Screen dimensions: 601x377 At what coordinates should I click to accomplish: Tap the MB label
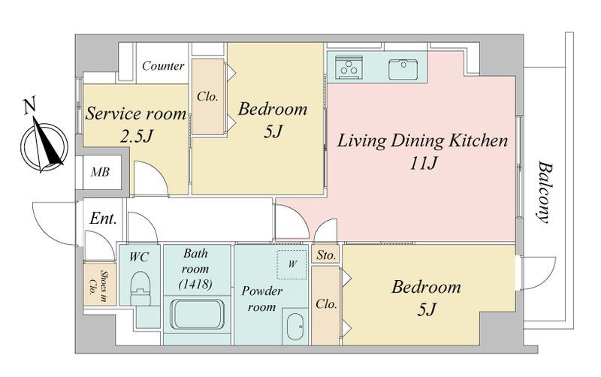pyautogui.click(x=100, y=172)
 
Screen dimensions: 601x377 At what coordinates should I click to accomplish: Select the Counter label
pyautogui.click(x=163, y=66)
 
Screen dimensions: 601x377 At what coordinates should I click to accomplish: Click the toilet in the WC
pyautogui.click(x=140, y=288)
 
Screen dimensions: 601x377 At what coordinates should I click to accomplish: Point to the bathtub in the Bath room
pyautogui.click(x=197, y=314)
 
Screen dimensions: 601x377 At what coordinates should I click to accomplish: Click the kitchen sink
pyautogui.click(x=403, y=68)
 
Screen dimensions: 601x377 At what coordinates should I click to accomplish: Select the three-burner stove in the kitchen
pyautogui.click(x=349, y=67)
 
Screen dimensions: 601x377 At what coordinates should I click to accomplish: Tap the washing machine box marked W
pyautogui.click(x=292, y=264)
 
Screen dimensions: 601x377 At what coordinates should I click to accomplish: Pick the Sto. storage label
pyautogui.click(x=327, y=255)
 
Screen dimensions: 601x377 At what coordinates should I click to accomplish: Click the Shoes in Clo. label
pyautogui.click(x=98, y=285)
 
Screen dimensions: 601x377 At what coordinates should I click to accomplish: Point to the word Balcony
pyautogui.click(x=544, y=192)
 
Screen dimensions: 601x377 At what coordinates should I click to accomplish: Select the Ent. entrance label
pyautogui.click(x=103, y=219)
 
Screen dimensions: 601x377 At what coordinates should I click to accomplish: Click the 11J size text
pyautogui.click(x=423, y=164)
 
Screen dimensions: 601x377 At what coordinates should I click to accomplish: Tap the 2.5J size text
pyautogui.click(x=137, y=136)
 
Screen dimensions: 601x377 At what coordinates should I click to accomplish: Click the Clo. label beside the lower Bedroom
pyautogui.click(x=327, y=304)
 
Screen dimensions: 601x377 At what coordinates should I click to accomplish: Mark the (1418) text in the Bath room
pyautogui.click(x=195, y=285)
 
